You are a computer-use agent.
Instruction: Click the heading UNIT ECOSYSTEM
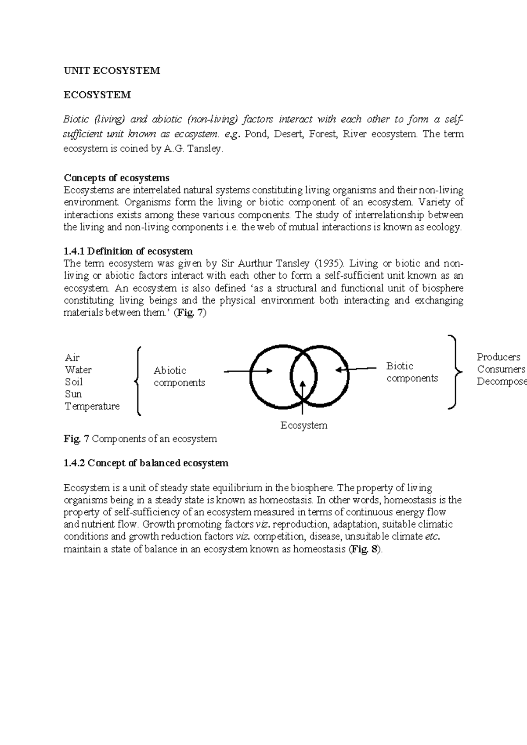112,71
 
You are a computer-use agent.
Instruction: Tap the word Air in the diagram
72,357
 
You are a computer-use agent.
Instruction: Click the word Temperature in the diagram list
92,406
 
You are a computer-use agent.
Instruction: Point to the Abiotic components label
179,376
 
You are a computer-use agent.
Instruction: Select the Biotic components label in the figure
412,372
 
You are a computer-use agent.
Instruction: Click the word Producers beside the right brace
498,357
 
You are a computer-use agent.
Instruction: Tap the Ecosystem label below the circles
304,425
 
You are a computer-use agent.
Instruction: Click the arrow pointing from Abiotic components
248,371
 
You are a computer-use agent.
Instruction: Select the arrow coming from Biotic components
356,369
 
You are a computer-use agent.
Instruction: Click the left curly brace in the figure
138,380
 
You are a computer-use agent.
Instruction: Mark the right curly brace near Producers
455,372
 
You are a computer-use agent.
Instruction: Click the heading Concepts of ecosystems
116,178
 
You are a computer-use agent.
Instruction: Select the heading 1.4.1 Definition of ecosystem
128,251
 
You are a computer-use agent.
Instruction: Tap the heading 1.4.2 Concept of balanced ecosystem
146,463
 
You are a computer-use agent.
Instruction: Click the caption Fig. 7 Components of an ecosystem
140,439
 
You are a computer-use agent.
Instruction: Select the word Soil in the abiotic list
74,381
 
